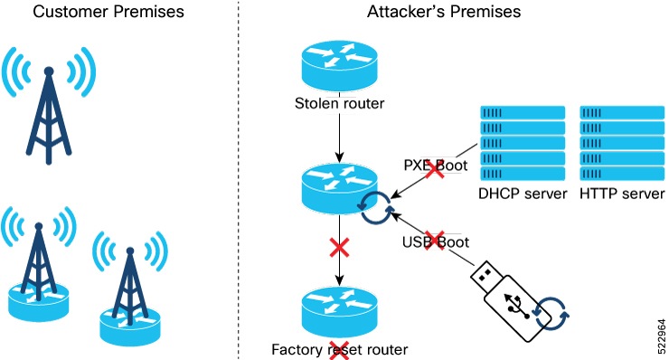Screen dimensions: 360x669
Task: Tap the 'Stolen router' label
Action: click(x=340, y=103)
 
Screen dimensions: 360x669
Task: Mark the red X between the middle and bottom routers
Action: click(x=340, y=247)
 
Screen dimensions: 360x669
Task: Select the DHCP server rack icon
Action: click(x=520, y=144)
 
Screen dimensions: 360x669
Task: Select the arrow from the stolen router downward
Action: click(x=340, y=135)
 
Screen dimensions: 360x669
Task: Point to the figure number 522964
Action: click(x=655, y=334)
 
